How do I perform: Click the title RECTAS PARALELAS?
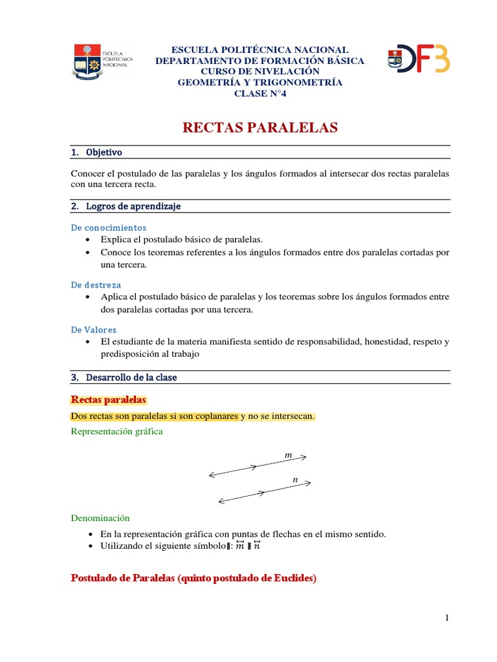(x=260, y=128)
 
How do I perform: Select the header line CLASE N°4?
(x=260, y=94)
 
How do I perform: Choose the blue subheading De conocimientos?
(x=109, y=228)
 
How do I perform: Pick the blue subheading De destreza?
(x=96, y=284)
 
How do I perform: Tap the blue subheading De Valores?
(x=94, y=330)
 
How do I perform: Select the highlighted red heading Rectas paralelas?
(x=109, y=400)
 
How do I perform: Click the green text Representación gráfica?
(x=116, y=431)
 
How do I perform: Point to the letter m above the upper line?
(x=289, y=456)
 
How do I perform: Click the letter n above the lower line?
(x=294, y=480)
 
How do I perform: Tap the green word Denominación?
(x=100, y=518)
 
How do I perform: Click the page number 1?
(x=447, y=618)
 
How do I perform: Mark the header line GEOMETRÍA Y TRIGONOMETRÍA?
(x=260, y=82)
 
